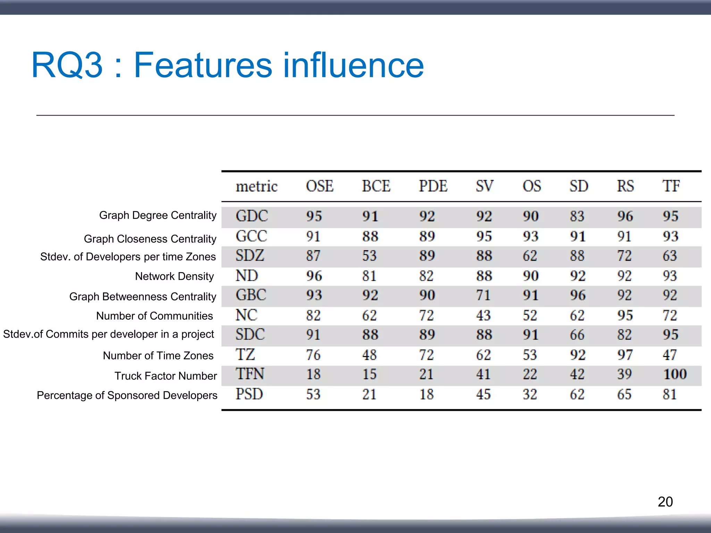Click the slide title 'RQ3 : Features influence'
[x=227, y=65]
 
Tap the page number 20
[x=665, y=501]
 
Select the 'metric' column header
[x=257, y=186]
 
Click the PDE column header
[x=433, y=186]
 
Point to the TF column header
[x=671, y=186]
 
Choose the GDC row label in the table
[x=252, y=216]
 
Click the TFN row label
[x=250, y=374]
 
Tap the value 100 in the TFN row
[x=675, y=374]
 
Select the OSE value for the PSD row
[x=313, y=394]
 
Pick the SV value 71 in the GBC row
[x=483, y=295]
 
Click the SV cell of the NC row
[x=483, y=315]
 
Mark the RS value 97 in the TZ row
[x=625, y=355]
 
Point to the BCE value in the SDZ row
[x=369, y=256]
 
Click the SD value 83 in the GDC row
[x=577, y=216]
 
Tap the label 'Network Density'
[x=174, y=276]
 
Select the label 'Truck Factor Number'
[x=166, y=376]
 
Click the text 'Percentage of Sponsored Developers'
[x=127, y=395]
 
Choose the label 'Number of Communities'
[x=154, y=316]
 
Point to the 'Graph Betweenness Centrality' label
[x=143, y=297]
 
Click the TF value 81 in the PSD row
[x=670, y=394]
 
